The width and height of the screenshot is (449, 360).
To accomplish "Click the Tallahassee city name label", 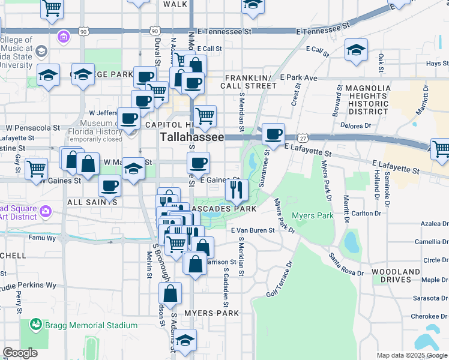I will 191,137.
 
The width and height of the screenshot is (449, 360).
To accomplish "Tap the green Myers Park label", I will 312,215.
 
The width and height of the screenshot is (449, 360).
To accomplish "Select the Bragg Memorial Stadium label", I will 93,325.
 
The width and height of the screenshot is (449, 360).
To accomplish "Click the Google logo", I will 20,352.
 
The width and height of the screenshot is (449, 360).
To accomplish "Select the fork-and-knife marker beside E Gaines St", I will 237,190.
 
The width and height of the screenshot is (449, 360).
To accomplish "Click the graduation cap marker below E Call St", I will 357,50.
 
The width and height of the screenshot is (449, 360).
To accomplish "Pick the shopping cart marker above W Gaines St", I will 37,168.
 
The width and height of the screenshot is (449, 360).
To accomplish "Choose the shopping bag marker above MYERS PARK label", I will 170,293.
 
